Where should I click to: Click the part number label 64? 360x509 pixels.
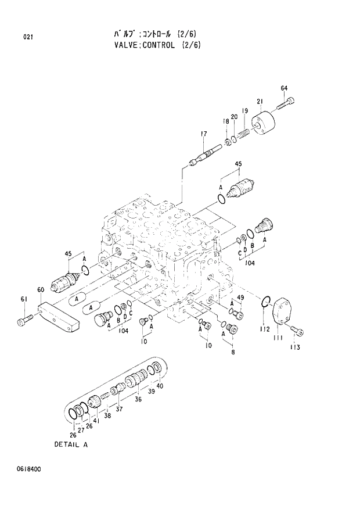(284, 88)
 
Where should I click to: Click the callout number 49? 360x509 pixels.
(240, 298)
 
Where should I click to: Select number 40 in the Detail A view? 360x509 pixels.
(160, 386)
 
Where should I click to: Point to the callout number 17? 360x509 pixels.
(203, 134)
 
